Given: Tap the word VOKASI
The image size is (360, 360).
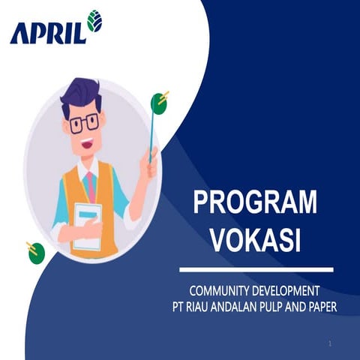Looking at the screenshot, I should pyautogui.click(x=255, y=240).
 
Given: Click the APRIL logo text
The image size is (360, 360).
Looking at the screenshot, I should pyautogui.click(x=46, y=32).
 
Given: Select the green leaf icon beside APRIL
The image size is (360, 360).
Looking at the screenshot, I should pyautogui.click(x=94, y=21).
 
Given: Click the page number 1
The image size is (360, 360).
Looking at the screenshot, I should pyautogui.click(x=330, y=343).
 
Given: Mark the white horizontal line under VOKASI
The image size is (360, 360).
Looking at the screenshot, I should pyautogui.click(x=255, y=268).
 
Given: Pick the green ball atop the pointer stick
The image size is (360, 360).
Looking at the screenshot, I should pyautogui.click(x=158, y=102).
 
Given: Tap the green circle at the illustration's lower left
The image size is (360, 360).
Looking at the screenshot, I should pyautogui.click(x=36, y=253).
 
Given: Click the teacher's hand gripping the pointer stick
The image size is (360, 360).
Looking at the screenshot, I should pyautogui.click(x=151, y=163).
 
